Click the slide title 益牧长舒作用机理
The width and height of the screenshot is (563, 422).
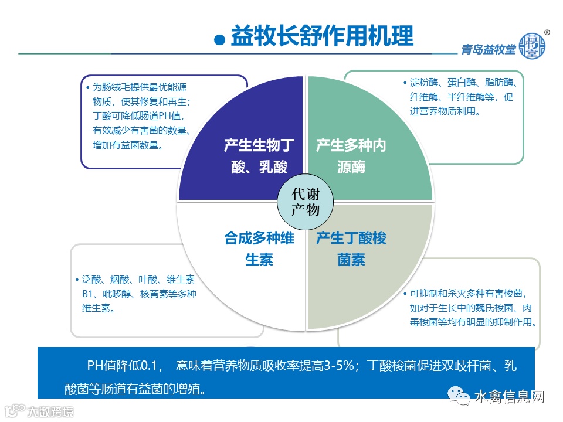pyautogui.click(x=322, y=36)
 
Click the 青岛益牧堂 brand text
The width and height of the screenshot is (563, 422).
pyautogui.click(x=488, y=49)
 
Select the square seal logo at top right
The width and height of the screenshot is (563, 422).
pyautogui.click(x=533, y=45)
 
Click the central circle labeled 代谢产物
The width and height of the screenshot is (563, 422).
pyautogui.click(x=305, y=202)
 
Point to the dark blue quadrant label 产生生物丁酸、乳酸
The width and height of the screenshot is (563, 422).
pyautogui.click(x=259, y=156)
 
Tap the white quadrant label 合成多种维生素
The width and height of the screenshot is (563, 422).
pyautogui.click(x=259, y=249)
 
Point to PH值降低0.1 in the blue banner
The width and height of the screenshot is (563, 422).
pyautogui.click(x=124, y=367)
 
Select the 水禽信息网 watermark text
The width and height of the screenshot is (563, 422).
pyautogui.click(x=509, y=397)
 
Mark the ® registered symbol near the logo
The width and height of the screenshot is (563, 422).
pyautogui.click(x=547, y=33)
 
